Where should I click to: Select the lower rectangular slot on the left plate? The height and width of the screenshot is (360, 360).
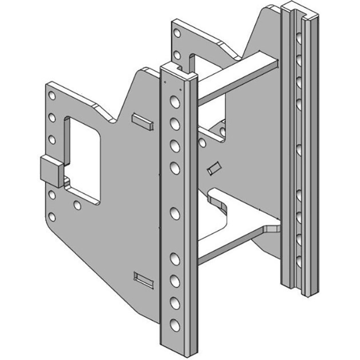click(x=145, y=279)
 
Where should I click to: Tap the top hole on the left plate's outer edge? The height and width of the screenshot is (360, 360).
click(x=52, y=96)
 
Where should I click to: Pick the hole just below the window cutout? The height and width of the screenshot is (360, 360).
click(x=77, y=206)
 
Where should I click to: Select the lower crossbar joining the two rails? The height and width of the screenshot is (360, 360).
click(x=238, y=245)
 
